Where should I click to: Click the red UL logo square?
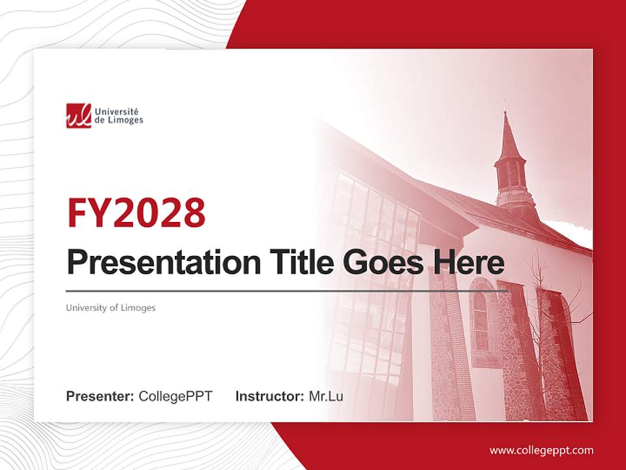78,116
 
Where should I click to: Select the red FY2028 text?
136,212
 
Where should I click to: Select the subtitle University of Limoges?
110,307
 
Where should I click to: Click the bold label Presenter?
100,396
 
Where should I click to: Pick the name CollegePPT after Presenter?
175,396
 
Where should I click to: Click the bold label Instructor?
269,396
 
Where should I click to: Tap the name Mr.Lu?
326,396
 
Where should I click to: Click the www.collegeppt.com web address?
541,450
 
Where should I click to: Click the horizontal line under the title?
287,290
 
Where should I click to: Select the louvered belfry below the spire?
511,175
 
